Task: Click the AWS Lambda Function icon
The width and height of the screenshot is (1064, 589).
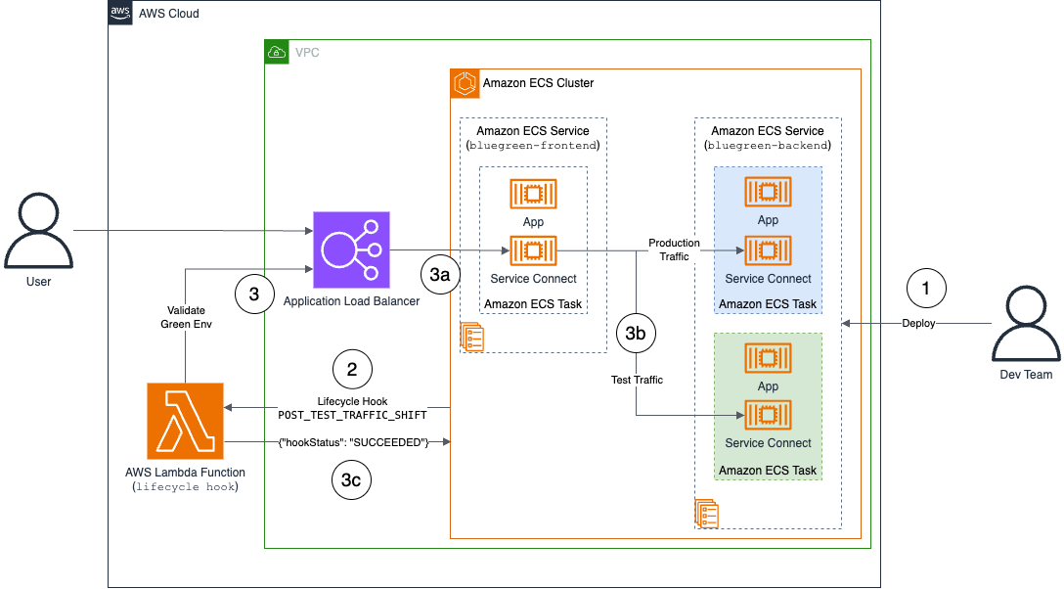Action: (185, 421)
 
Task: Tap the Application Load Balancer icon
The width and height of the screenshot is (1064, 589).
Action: (350, 250)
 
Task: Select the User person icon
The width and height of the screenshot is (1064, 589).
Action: (38, 230)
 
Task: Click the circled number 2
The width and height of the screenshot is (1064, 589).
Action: (352, 368)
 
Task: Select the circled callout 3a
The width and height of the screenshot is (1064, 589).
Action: (439, 275)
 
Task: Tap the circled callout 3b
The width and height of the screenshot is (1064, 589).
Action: (636, 333)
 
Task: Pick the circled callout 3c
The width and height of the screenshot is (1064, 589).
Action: (352, 480)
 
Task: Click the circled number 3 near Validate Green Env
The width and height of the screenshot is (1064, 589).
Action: (254, 294)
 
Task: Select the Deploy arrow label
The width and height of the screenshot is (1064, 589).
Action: (918, 323)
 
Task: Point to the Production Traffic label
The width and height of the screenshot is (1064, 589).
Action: (674, 249)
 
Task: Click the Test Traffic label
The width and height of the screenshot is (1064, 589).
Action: (636, 380)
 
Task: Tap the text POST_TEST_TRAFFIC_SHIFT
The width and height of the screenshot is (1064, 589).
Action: (352, 416)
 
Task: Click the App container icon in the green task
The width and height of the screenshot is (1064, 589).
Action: (768, 357)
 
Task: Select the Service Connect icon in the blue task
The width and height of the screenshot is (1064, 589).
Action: (768, 250)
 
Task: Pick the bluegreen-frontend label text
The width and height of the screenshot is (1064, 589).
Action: (533, 146)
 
